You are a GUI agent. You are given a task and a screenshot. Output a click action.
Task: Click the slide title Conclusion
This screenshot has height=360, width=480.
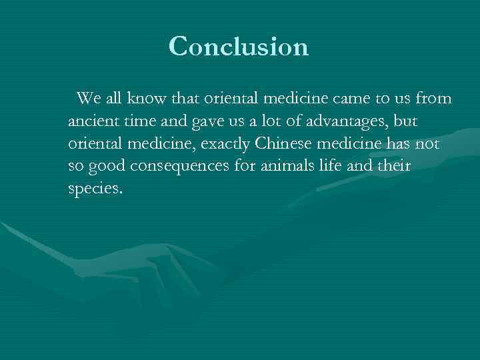[239, 47]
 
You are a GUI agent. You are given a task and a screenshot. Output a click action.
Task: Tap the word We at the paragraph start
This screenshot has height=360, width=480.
[88, 99]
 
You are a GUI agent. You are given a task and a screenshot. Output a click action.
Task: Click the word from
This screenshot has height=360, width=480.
[433, 99]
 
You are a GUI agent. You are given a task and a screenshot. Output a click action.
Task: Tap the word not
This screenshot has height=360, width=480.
[428, 145]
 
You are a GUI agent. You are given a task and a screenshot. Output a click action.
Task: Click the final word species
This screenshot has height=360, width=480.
[95, 189]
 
